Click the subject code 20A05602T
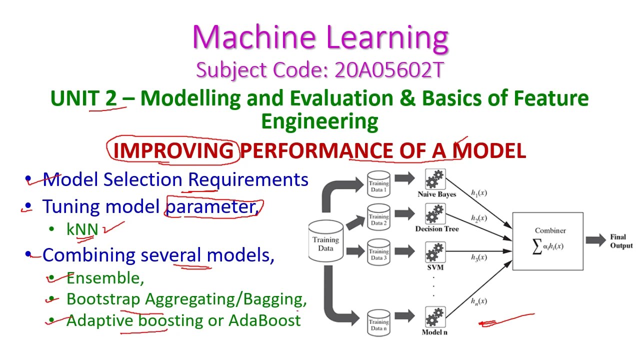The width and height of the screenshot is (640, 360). pos(389,70)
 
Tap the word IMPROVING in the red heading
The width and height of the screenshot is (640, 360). pos(173,150)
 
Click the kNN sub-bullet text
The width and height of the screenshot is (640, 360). pos(82,229)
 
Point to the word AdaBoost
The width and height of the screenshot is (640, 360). pos(264,320)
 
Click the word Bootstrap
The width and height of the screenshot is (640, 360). pos(103,299)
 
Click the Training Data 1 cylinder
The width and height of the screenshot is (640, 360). pos(378,184)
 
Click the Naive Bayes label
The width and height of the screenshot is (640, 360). pos(436,194)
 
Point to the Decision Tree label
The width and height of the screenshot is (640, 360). pos(436,229)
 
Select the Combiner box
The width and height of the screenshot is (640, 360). pos(547,241)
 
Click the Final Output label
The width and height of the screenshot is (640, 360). pos(621,241)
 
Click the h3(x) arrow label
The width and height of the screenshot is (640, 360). pos(478,257)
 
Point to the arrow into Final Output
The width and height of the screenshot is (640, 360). pos(595,240)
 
